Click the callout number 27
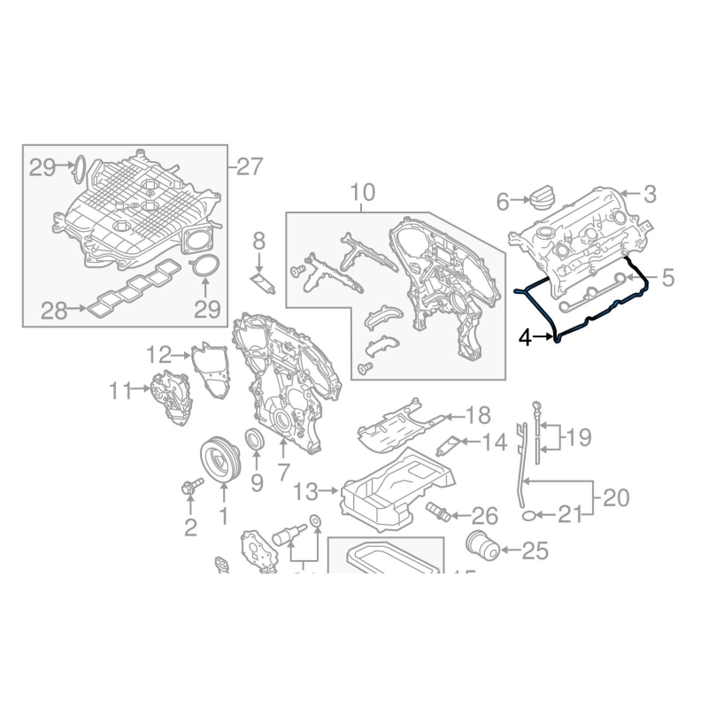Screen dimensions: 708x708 click(x=250, y=165)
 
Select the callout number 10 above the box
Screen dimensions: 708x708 click(x=363, y=192)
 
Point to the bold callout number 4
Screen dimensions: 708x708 click(x=525, y=338)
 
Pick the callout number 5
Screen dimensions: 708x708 click(x=667, y=278)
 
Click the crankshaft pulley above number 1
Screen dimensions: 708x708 click(x=218, y=458)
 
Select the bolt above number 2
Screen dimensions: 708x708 click(x=192, y=486)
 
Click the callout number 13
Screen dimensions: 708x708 click(x=304, y=489)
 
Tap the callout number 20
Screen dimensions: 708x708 click(x=616, y=498)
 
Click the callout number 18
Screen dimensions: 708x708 click(x=478, y=414)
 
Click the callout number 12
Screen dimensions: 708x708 click(x=158, y=355)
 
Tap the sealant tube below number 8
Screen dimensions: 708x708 click(x=264, y=283)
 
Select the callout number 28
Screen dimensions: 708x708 click(x=55, y=310)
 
